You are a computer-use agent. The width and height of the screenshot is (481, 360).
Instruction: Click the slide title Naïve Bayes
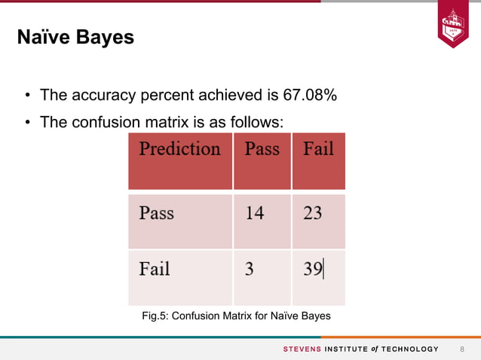pyautogui.click(x=75, y=37)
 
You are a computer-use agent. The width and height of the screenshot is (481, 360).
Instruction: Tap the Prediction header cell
pyautogui.click(x=179, y=148)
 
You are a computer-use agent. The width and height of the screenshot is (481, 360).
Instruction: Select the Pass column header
pyautogui.click(x=262, y=148)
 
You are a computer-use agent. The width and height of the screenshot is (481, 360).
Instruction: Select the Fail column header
pyautogui.click(x=318, y=148)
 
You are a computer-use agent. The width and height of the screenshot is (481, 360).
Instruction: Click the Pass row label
pyautogui.click(x=156, y=213)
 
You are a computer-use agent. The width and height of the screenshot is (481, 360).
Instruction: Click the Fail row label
pyautogui.click(x=155, y=269)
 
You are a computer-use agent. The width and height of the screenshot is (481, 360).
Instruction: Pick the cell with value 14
pyautogui.click(x=255, y=213)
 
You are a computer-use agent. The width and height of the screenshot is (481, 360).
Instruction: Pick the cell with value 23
pyautogui.click(x=312, y=213)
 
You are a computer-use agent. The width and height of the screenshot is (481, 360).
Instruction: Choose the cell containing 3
pyautogui.click(x=249, y=269)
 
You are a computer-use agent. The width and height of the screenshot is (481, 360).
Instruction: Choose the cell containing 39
pyautogui.click(x=313, y=269)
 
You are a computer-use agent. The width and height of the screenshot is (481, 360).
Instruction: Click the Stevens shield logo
pyautogui.click(x=452, y=26)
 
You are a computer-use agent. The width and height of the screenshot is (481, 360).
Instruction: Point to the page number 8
pyautogui.click(x=462, y=349)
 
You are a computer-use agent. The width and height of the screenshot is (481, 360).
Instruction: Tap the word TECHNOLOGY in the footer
pyautogui.click(x=409, y=349)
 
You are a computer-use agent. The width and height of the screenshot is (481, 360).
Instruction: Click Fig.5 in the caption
pyautogui.click(x=155, y=316)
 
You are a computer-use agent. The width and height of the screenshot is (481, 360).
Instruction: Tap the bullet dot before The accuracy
pyautogui.click(x=26, y=96)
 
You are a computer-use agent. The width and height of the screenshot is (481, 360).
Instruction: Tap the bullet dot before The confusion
pyautogui.click(x=26, y=121)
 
